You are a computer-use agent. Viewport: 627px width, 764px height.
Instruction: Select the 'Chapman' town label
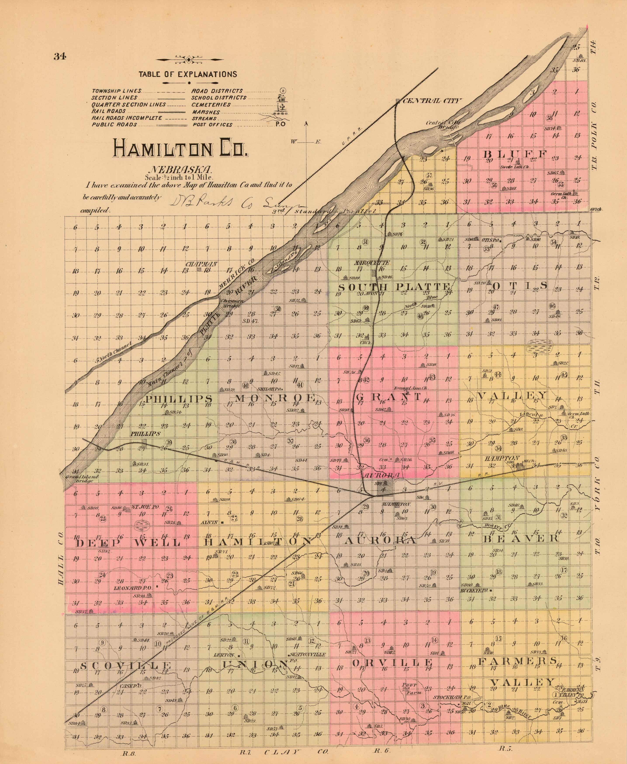[x=201, y=264]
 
